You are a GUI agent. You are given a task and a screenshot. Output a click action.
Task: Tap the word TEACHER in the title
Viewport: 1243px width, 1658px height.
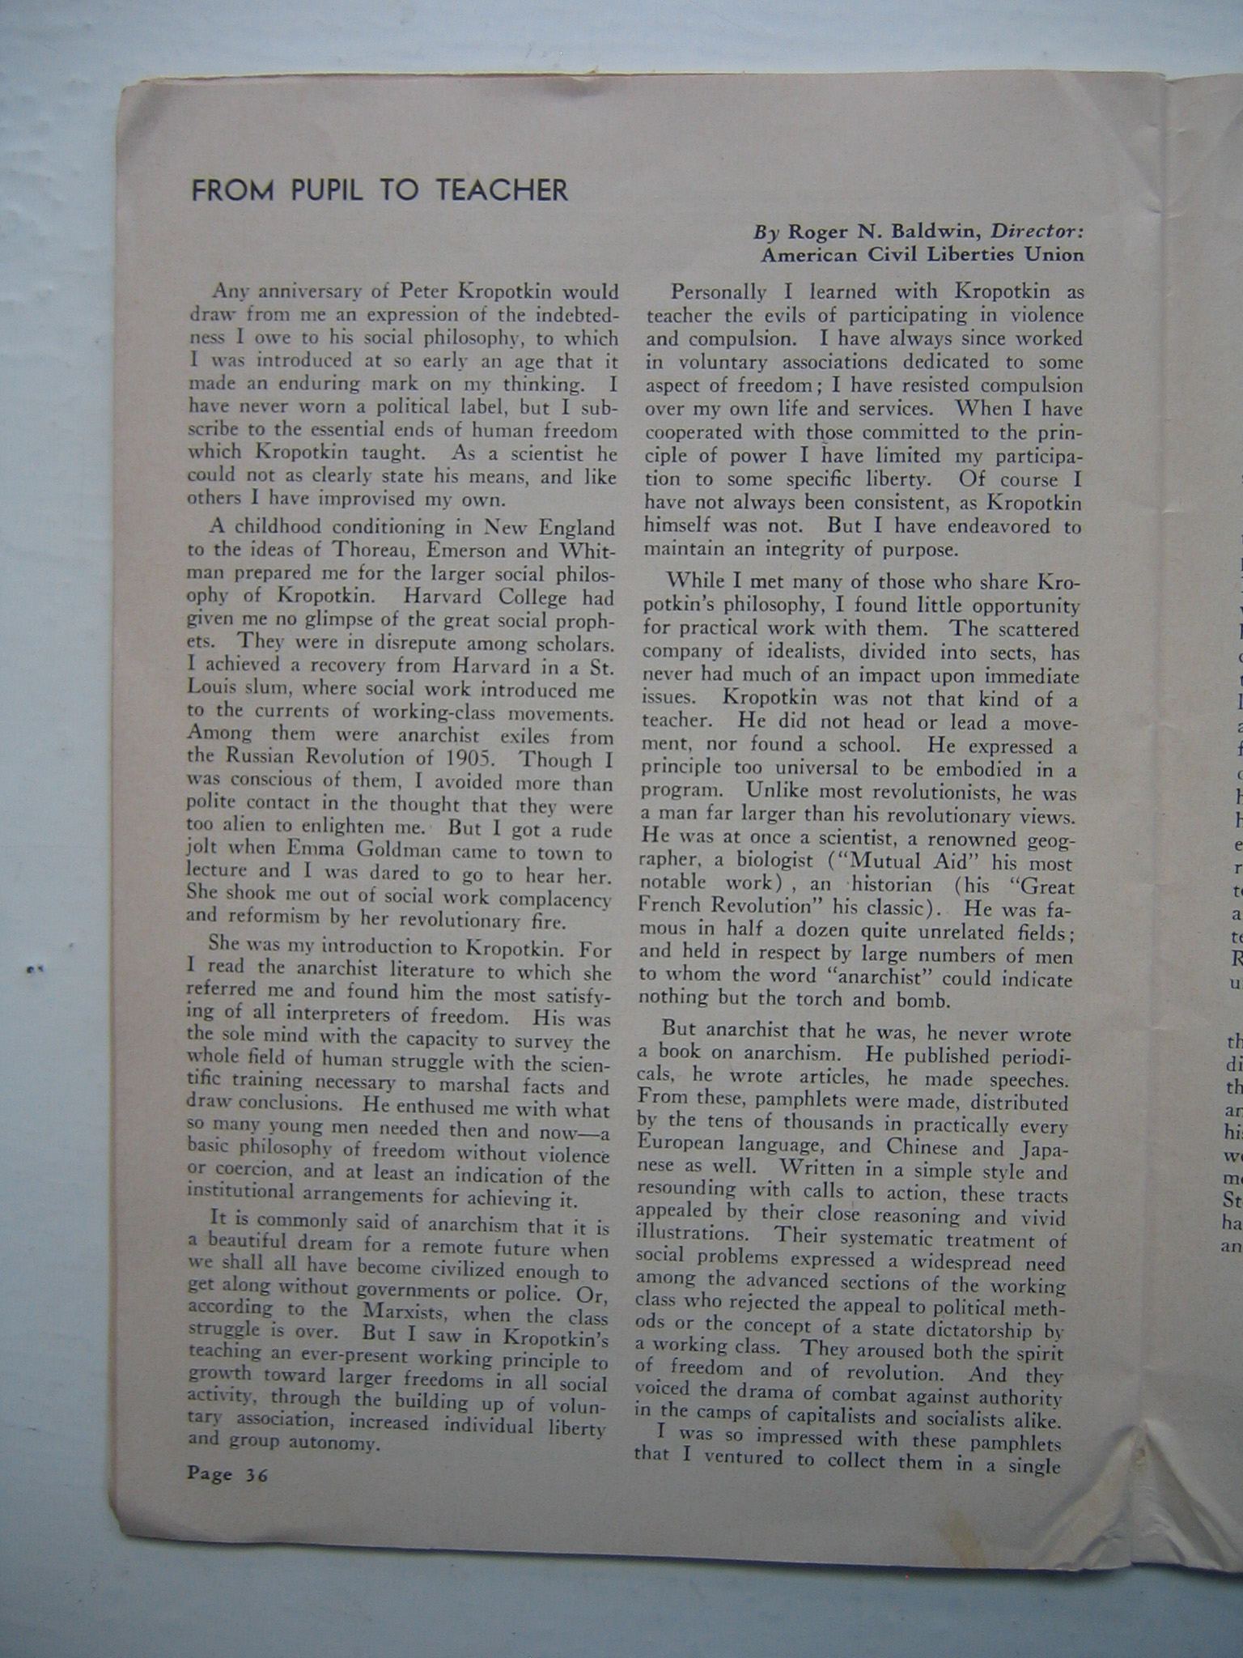[502, 190]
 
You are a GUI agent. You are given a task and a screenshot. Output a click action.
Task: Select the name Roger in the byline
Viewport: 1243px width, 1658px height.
[817, 232]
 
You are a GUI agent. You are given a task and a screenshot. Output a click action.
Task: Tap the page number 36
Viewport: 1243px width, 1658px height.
[257, 1474]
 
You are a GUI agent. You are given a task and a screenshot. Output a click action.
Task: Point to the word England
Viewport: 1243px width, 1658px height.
[574, 529]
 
